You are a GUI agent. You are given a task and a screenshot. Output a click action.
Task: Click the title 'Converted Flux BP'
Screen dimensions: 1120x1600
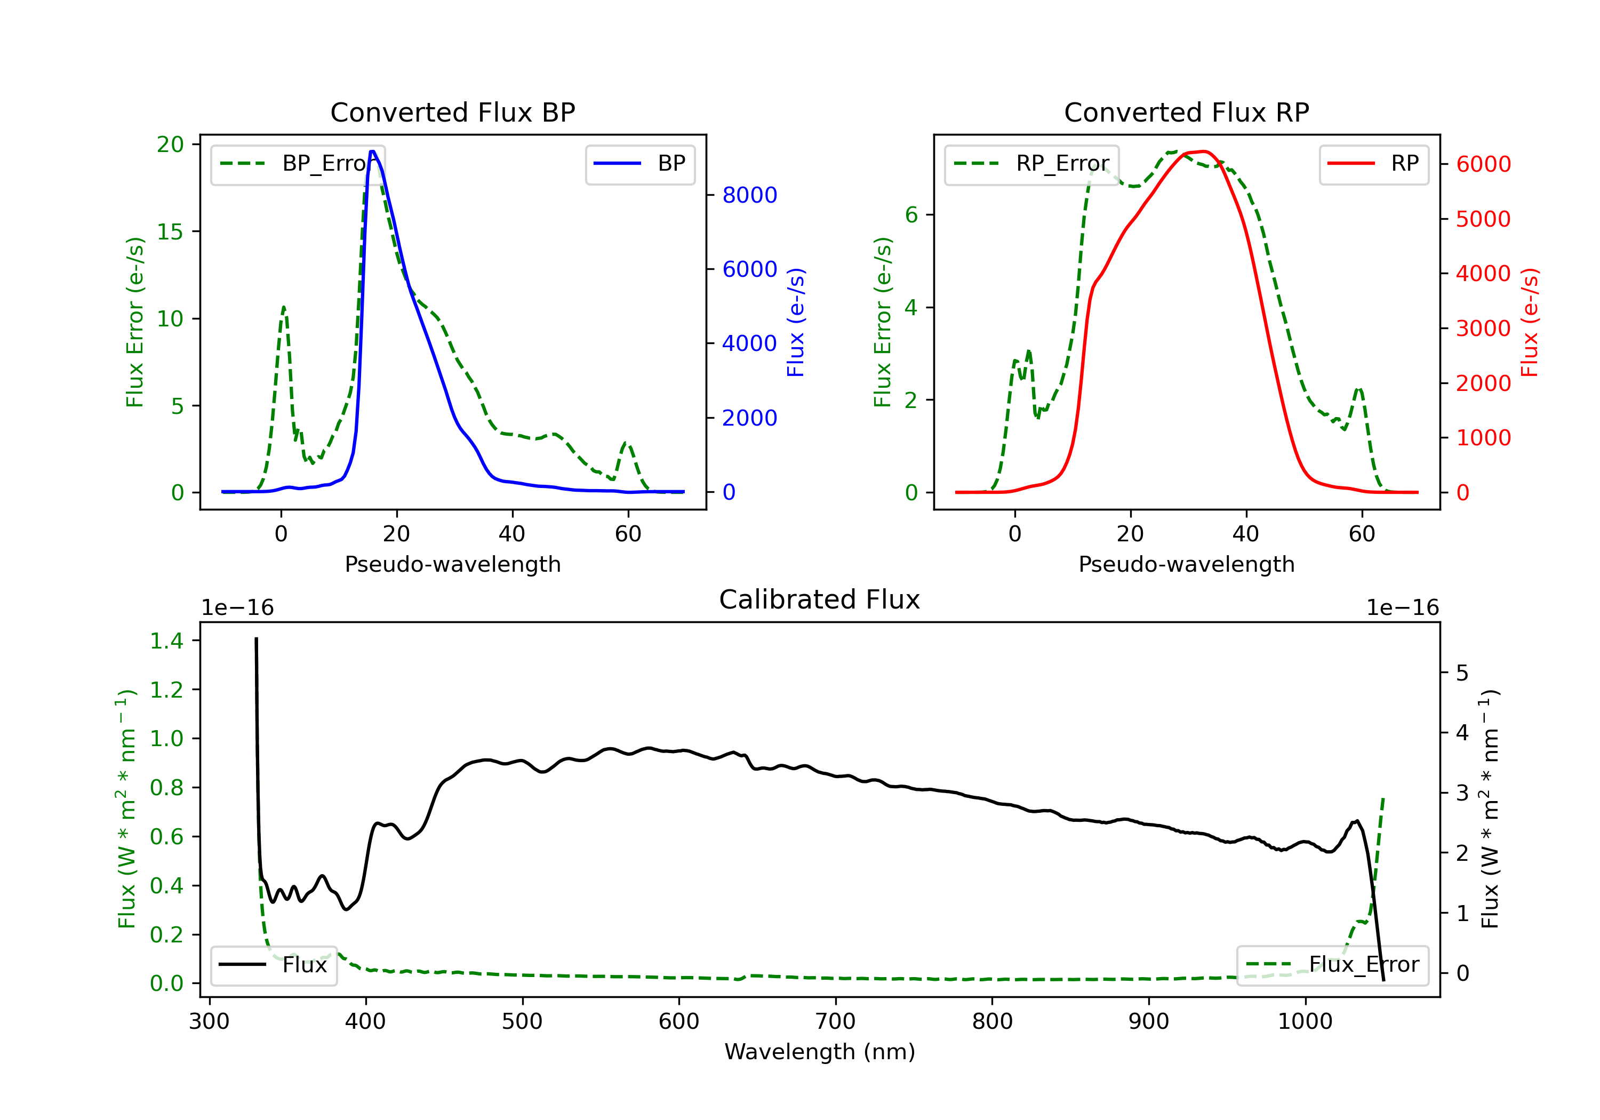coord(452,112)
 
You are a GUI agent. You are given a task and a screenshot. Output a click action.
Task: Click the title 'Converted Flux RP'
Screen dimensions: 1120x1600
coord(1186,112)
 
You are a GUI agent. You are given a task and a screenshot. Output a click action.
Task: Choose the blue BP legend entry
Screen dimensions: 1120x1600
coord(639,164)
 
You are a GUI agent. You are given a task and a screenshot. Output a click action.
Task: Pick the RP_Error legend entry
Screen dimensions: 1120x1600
coord(1031,164)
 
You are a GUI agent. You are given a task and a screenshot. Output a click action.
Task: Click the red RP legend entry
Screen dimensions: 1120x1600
coord(1373,164)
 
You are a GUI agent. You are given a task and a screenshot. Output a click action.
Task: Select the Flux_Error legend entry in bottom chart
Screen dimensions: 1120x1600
coord(1332,965)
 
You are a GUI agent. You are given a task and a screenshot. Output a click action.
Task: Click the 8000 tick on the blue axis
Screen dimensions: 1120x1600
coord(749,195)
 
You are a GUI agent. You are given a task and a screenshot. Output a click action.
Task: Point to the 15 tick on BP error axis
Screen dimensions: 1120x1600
coord(170,232)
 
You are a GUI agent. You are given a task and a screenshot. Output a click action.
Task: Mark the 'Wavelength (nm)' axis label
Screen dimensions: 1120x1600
coord(820,1052)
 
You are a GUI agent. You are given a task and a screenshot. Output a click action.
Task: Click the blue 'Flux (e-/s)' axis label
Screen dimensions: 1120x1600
coord(796,322)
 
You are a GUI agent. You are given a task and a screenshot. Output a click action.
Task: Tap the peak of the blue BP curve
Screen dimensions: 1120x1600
coord(373,151)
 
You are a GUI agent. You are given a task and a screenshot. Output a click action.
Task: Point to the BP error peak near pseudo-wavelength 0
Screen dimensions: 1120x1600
coord(284,307)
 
